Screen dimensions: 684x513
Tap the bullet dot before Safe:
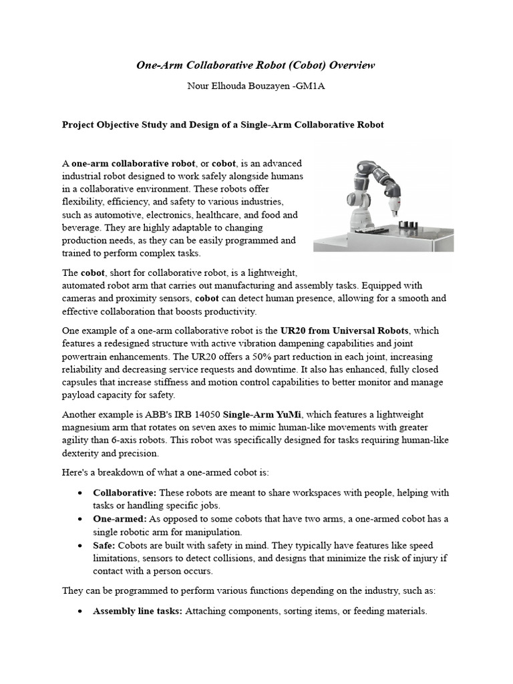(79, 546)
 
